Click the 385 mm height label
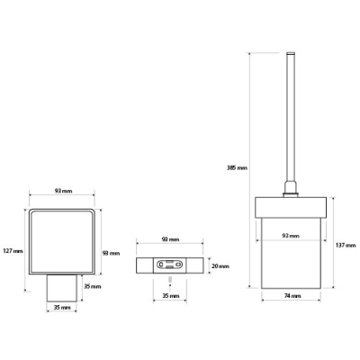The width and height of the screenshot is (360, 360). pos(237,168)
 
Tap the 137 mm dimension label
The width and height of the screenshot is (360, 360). pos(346,246)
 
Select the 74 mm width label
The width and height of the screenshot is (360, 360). pos(292,296)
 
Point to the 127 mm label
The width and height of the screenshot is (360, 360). pos(13,251)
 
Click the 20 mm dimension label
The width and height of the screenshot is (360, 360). pos(220,266)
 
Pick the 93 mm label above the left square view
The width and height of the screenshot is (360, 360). pos(63,191)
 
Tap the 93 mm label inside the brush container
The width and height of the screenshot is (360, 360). pos(291,236)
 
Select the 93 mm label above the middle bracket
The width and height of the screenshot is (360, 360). pos(170,239)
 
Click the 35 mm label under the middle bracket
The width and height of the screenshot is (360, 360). pos(171,296)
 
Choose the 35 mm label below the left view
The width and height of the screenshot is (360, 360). pos(62,308)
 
